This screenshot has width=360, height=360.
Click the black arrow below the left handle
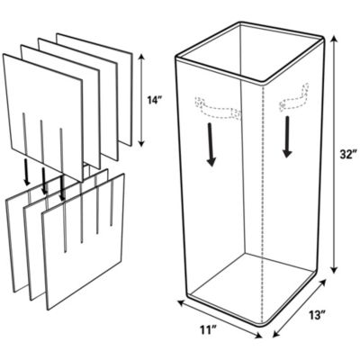(211, 144)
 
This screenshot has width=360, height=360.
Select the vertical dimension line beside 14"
(142, 102)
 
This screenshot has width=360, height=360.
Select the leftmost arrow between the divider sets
(25, 175)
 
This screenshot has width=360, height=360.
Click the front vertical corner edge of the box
(265, 198)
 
